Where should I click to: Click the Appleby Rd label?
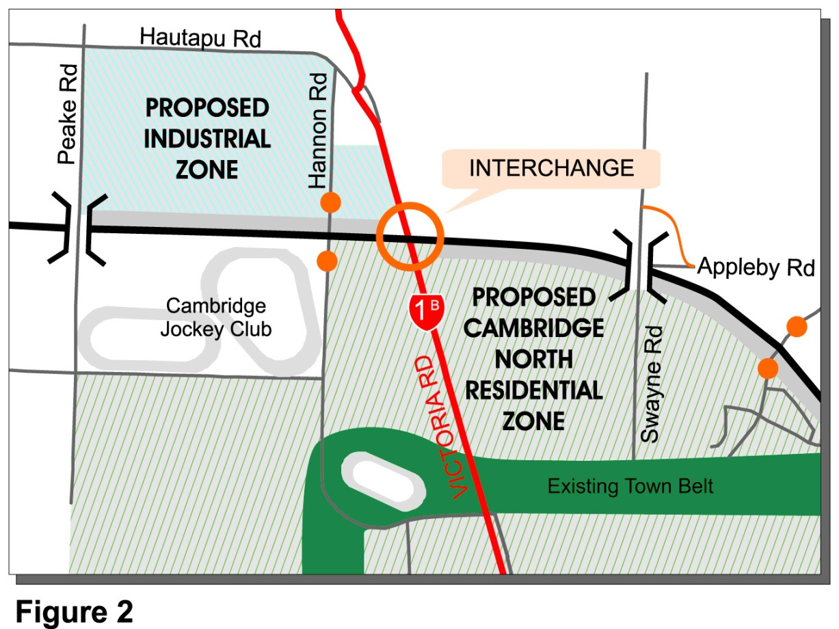tap(756, 268)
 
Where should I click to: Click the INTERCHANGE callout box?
tap(551, 168)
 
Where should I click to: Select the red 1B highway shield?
tap(425, 311)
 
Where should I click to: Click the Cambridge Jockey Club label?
tap(215, 317)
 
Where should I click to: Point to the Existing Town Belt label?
tap(630, 486)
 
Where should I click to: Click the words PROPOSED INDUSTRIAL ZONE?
tap(207, 138)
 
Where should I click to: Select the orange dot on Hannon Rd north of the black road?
tap(331, 202)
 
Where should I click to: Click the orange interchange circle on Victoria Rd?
tap(410, 236)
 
